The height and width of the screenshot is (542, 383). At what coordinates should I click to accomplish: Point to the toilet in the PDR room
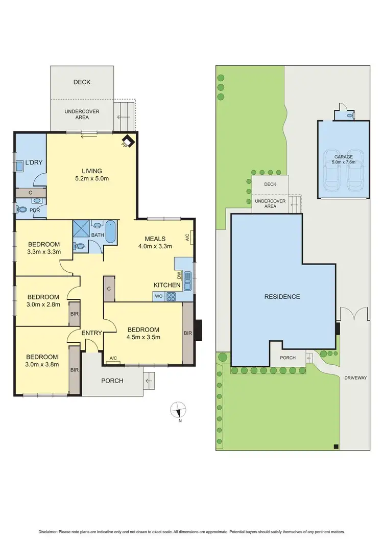[x=22, y=209]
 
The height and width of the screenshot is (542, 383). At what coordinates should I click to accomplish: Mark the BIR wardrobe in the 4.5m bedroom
[x=187, y=333]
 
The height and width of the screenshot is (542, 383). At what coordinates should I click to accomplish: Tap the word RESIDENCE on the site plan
[x=282, y=296]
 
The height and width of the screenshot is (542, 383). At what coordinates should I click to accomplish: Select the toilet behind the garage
[x=349, y=116]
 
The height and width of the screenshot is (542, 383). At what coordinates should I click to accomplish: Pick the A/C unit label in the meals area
[x=187, y=237]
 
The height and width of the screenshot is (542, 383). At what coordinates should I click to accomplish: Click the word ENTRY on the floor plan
[x=92, y=333]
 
